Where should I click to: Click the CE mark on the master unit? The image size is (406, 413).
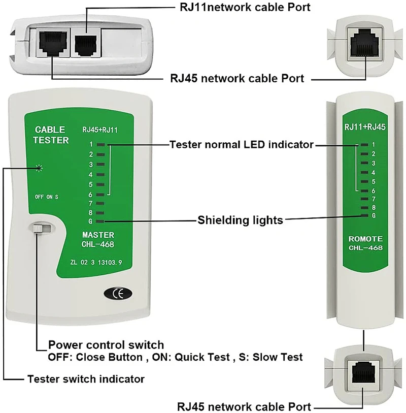click(x=118, y=293)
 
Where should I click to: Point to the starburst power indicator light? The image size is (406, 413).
click(x=39, y=168)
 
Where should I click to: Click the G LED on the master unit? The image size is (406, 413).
click(x=100, y=221)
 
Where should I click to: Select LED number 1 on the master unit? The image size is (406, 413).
click(x=100, y=145)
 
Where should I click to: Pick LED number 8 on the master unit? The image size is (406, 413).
click(x=100, y=213)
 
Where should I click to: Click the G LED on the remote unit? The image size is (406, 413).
click(x=364, y=215)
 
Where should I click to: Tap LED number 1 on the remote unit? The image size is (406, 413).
click(x=364, y=145)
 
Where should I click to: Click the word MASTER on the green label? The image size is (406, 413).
click(x=98, y=235)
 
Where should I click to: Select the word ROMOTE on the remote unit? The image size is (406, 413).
click(x=365, y=239)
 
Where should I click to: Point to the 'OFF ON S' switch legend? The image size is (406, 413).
click(x=47, y=197)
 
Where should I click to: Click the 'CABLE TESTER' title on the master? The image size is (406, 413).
click(x=51, y=135)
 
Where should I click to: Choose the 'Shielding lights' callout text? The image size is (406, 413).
click(x=240, y=220)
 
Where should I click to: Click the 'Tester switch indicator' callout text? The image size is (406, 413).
click(x=86, y=379)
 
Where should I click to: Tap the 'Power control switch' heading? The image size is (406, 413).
click(x=106, y=345)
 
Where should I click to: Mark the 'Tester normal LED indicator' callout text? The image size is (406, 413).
click(x=242, y=145)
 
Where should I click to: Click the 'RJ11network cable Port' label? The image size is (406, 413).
click(x=245, y=7)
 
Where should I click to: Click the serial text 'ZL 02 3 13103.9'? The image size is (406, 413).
click(x=96, y=262)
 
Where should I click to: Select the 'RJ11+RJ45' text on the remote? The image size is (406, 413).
click(x=365, y=127)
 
